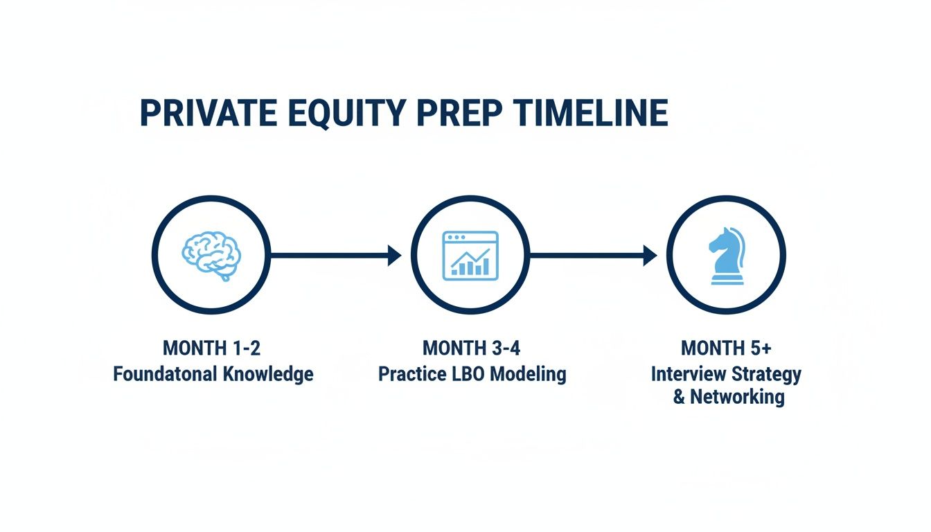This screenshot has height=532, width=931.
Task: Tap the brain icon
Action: [211, 255]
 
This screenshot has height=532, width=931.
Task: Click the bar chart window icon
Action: [470, 255]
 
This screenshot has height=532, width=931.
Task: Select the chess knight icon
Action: [725, 255]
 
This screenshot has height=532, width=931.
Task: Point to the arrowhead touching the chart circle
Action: [394, 255]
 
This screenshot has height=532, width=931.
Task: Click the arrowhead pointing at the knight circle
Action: [650, 255]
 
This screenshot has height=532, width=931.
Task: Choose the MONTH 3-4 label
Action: [471, 347]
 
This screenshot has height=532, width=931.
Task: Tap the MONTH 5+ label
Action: [725, 347]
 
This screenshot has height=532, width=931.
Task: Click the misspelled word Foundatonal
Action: [164, 374]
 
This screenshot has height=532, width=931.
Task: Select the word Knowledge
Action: [268, 374]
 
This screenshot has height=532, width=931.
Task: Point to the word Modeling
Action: [529, 375]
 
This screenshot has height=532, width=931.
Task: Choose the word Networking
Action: [737, 398]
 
